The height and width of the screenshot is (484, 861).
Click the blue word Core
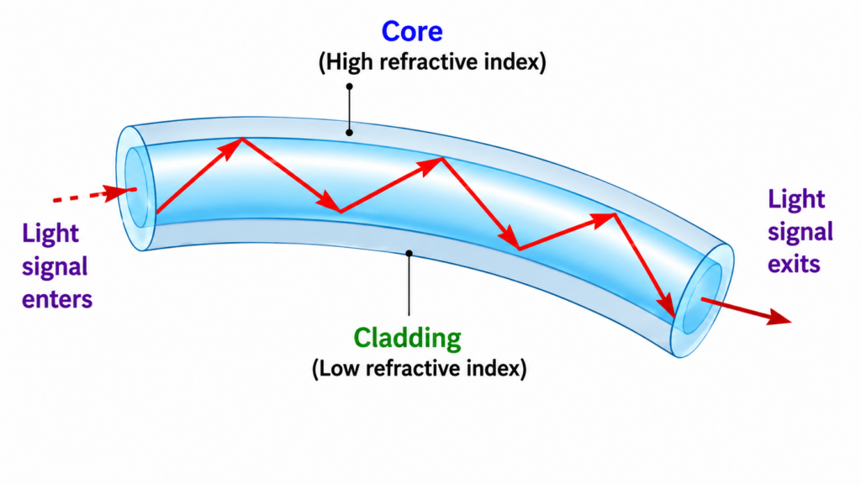click(412, 31)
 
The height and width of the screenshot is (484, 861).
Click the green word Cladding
click(407, 338)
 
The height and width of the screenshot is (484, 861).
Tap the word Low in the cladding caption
click(335, 368)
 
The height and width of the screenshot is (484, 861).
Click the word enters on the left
click(57, 300)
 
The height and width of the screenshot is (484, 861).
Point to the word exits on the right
click(794, 265)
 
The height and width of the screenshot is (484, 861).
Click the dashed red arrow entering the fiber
click(94, 194)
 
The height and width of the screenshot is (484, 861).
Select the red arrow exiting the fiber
click(747, 311)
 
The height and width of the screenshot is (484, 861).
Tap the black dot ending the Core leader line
click(349, 132)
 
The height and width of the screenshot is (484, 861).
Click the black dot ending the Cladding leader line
click(409, 253)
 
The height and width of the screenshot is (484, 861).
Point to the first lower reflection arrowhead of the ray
click(331, 202)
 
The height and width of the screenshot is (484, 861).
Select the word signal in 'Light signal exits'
click(800, 233)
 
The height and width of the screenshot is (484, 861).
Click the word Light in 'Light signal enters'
click(50, 234)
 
